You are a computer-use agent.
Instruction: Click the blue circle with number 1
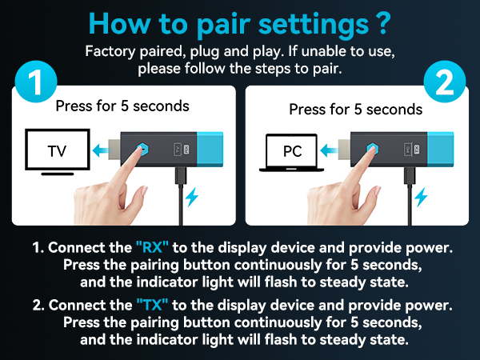point(36,82)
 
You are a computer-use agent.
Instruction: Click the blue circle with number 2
point(445,82)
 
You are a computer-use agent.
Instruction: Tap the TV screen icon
point(58,152)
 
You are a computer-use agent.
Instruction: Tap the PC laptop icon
point(291,153)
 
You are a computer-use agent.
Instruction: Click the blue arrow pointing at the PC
point(329,150)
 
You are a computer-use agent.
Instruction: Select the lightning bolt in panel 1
point(192,197)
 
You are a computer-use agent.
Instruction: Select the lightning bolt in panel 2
point(421,197)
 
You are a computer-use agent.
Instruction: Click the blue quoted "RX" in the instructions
point(152,247)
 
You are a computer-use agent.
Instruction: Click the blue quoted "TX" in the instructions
point(152,305)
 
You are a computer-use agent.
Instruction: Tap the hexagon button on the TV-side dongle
point(142,149)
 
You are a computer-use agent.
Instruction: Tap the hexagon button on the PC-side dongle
point(372,149)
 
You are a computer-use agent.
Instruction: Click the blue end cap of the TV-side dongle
point(210,150)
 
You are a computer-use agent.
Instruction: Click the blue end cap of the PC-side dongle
point(440,150)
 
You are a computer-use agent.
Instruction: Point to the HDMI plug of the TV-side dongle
point(114,149)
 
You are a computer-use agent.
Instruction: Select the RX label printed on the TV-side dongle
point(186,150)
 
